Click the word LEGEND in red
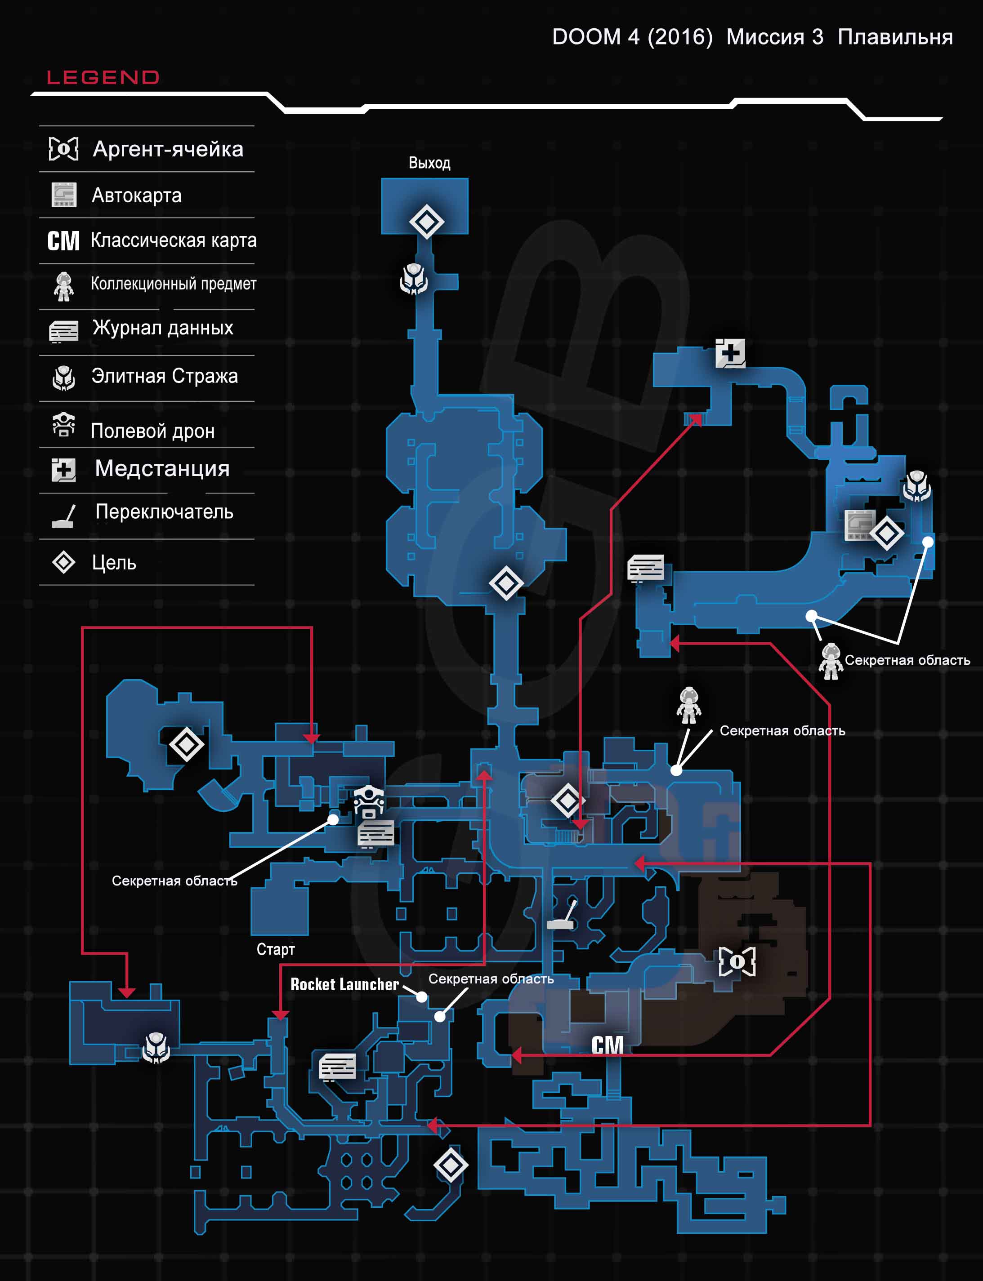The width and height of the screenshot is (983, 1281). click(x=103, y=77)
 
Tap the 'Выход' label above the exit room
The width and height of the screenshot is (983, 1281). click(x=429, y=163)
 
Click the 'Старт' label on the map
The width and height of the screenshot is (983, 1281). click(x=275, y=949)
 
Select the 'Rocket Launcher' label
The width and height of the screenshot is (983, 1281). click(x=344, y=984)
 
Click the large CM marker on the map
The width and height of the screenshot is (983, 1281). click(x=608, y=1045)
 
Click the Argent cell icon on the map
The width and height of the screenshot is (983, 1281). click(x=737, y=961)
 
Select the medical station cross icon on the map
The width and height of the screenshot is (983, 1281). click(x=730, y=353)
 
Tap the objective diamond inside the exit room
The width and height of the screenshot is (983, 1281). click(x=426, y=222)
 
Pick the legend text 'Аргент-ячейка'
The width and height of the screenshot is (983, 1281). click(x=168, y=149)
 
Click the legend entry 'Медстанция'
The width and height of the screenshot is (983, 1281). click(x=162, y=468)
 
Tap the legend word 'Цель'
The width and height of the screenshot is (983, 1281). click(x=114, y=563)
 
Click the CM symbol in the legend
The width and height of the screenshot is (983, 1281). click(x=63, y=241)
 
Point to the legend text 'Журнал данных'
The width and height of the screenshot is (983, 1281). click(x=163, y=328)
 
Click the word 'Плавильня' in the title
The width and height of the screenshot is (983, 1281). click(x=895, y=37)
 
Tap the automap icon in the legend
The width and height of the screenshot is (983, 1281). click(x=64, y=195)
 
